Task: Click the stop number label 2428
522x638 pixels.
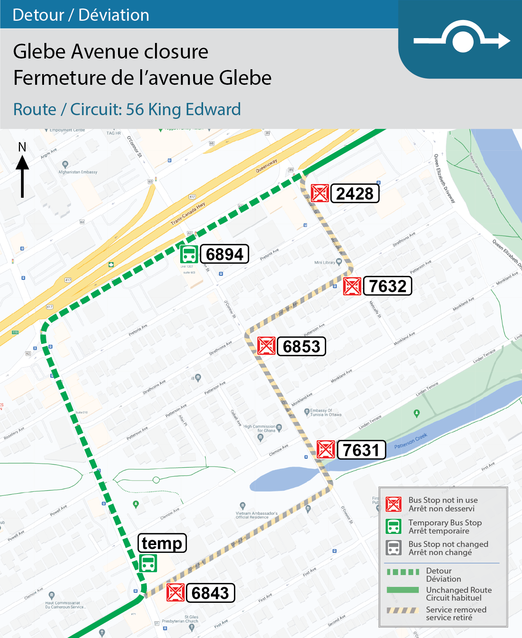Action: pyautogui.click(x=355, y=193)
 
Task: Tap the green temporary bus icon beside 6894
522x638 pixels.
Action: pyautogui.click(x=189, y=254)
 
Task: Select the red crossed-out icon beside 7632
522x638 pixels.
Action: pyautogui.click(x=352, y=286)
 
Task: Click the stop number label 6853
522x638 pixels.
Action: pyautogui.click(x=301, y=346)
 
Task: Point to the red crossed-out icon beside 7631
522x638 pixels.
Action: pyautogui.click(x=326, y=449)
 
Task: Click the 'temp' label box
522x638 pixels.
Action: pyautogui.click(x=162, y=543)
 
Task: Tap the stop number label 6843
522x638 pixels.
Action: pyautogui.click(x=210, y=593)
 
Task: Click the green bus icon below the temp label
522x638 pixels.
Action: pyautogui.click(x=148, y=563)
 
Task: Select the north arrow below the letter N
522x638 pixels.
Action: pyautogui.click(x=22, y=176)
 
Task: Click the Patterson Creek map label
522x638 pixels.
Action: pyautogui.click(x=410, y=441)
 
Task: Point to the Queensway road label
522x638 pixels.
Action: pyautogui.click(x=266, y=166)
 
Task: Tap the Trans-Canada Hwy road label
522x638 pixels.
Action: pyautogui.click(x=188, y=214)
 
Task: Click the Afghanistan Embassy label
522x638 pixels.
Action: pyautogui.click(x=78, y=172)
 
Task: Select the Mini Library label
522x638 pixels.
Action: pyautogui.click(x=324, y=263)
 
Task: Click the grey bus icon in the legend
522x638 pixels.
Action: pyautogui.click(x=394, y=548)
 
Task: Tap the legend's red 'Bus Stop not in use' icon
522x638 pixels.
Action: pyautogui.click(x=394, y=504)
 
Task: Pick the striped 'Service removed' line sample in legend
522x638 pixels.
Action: pyautogui.click(x=403, y=610)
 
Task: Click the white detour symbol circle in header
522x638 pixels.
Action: pyautogui.click(x=463, y=41)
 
